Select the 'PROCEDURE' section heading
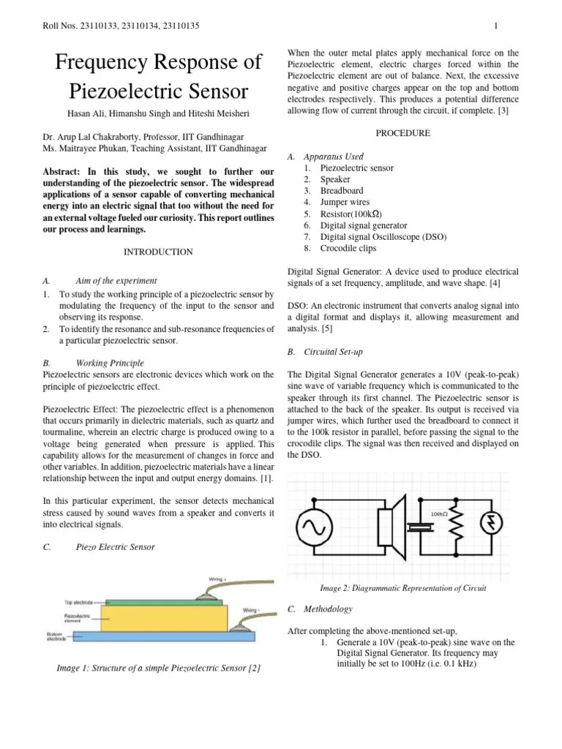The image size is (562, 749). coord(402,133)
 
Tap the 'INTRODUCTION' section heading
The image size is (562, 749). coord(158,252)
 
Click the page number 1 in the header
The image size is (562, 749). coord(496,27)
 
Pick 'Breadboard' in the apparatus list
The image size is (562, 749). coord(342,191)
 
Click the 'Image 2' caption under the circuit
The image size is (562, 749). coord(403,588)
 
